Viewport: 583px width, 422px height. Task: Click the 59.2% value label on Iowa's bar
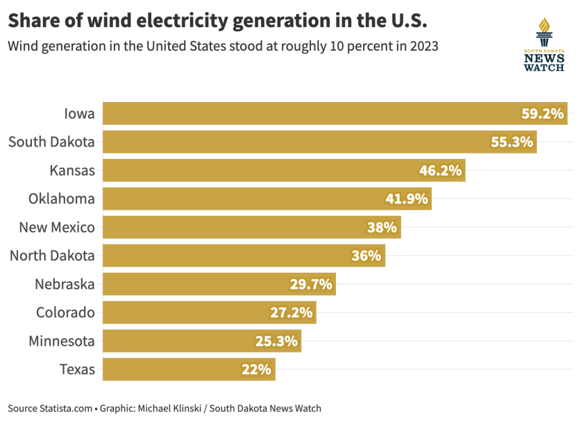coord(542,113)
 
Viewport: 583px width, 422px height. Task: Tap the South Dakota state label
coord(51,142)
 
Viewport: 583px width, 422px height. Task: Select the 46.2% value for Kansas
coord(440,170)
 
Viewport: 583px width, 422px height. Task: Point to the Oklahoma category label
coord(61,199)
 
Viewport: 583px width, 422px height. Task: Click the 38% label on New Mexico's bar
coord(381,227)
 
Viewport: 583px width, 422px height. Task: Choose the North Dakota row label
coord(52,255)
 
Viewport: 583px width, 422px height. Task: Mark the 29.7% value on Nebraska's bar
coord(311,284)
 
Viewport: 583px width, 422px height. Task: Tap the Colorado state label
coord(65,312)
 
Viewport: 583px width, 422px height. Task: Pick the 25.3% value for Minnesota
coord(276,341)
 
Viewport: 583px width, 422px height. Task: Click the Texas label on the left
coord(77,369)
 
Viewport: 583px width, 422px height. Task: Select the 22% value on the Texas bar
coord(255,369)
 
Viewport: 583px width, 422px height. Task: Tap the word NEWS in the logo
coord(544,59)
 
